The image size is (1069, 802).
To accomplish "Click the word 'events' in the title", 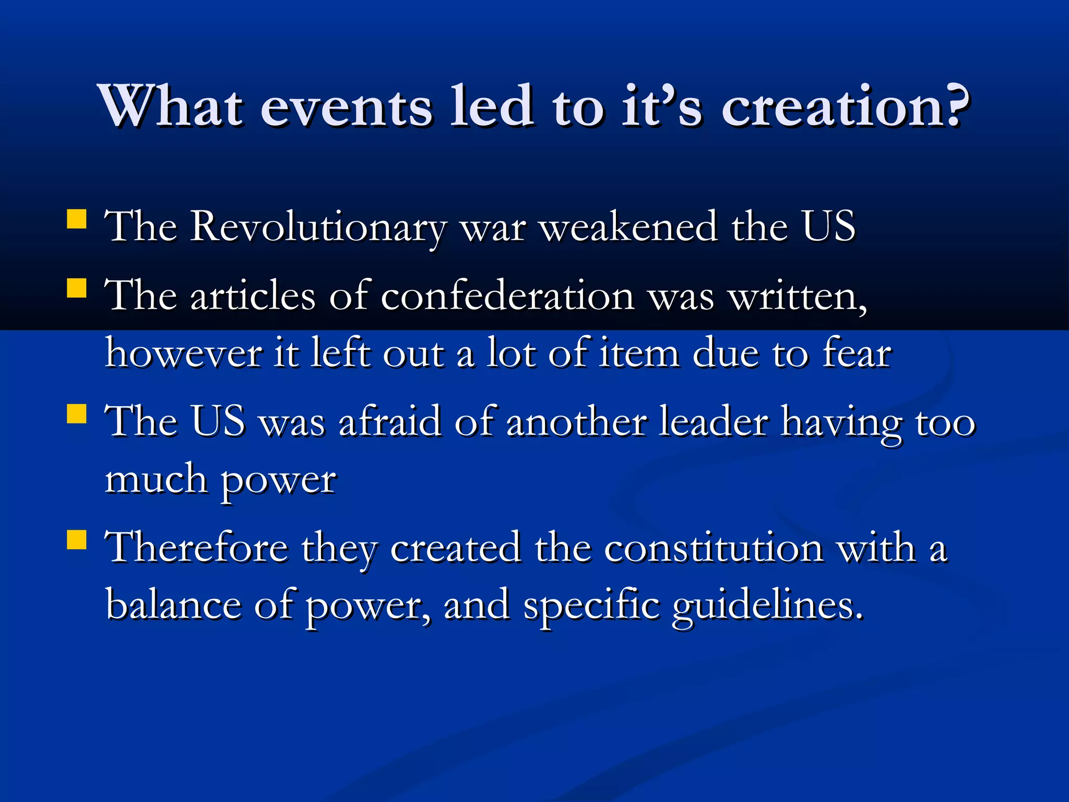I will [x=346, y=107].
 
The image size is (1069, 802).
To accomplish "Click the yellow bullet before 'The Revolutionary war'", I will [x=77, y=220].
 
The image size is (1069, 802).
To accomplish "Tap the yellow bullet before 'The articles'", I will [x=77, y=288].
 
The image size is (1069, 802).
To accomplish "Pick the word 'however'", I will [x=183, y=353].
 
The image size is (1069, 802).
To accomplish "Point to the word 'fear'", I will [x=857, y=353].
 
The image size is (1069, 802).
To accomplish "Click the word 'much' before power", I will [x=156, y=479].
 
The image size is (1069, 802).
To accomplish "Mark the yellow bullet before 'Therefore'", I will [x=77, y=540].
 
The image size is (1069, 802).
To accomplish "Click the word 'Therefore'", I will [x=196, y=548].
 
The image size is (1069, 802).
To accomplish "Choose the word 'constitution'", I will [x=714, y=548].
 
